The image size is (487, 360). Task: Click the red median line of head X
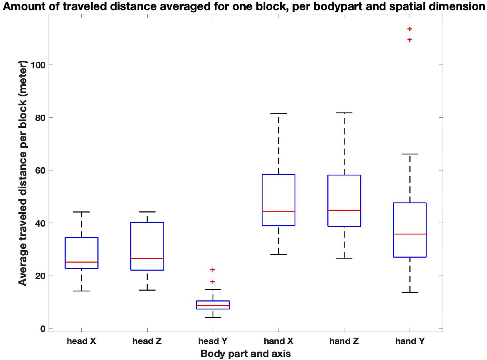point(81,262)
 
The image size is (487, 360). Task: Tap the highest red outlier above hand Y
point(410,29)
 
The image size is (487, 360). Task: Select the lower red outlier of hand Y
point(410,40)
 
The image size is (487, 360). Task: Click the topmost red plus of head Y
point(213,270)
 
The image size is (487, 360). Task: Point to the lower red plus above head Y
point(213,282)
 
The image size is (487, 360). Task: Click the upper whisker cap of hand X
point(278,113)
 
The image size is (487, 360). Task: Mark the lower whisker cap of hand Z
point(344,258)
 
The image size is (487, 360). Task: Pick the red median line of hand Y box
point(410,234)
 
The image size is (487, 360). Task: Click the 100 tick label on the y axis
point(37,65)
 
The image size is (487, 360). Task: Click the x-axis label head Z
point(147,341)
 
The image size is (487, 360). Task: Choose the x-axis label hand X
point(278,341)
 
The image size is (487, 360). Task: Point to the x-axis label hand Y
point(410,341)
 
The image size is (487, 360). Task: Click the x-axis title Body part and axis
point(246,354)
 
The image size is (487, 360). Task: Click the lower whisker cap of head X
point(81,291)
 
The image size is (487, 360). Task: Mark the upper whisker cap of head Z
point(147,212)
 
